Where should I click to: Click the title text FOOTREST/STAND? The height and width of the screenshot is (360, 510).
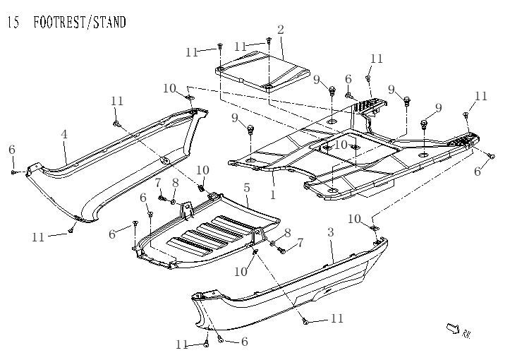pyautogui.click(x=79, y=23)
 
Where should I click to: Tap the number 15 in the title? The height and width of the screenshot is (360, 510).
pyautogui.click(x=13, y=23)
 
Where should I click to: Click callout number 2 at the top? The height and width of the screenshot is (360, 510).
pyautogui.click(x=281, y=30)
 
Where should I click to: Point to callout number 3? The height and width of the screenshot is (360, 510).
pyautogui.click(x=330, y=232)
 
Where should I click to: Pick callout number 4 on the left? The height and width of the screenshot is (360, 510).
pyautogui.click(x=64, y=135)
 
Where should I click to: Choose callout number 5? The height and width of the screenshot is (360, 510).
pyautogui.click(x=247, y=188)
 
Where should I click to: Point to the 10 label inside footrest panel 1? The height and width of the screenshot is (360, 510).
pyautogui.click(x=341, y=145)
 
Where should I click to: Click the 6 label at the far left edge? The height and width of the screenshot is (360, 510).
pyautogui.click(x=11, y=150)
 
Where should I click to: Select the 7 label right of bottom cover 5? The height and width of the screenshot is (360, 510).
pyautogui.click(x=300, y=243)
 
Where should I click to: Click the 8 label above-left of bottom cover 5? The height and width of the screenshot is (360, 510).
pyautogui.click(x=175, y=183)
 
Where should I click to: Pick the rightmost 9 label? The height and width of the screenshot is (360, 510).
pyautogui.click(x=438, y=108)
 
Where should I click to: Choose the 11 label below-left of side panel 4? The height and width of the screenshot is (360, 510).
pyautogui.click(x=38, y=238)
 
